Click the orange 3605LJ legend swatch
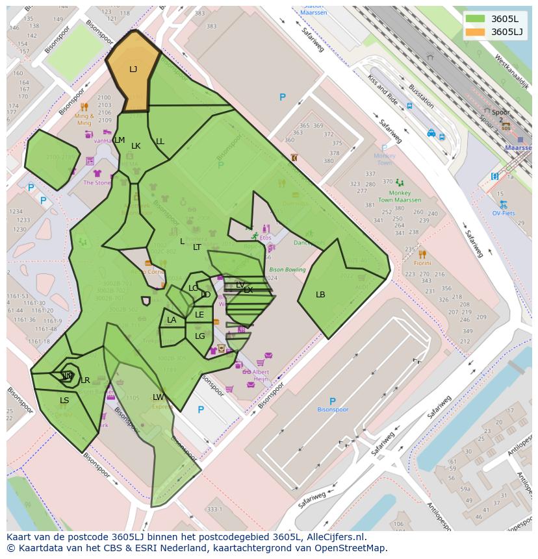click(475, 32)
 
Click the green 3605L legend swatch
click(475, 18)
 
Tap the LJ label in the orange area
click(133, 69)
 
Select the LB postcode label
click(320, 295)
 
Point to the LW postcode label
click(159, 397)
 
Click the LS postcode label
click(64, 401)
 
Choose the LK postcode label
click(136, 146)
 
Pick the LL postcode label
click(160, 142)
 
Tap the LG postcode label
click(199, 336)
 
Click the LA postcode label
click(172, 320)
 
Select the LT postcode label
click(197, 247)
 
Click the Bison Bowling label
click(287, 269)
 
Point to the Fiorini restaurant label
click(422, 263)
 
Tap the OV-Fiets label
click(504, 213)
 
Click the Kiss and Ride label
click(383, 90)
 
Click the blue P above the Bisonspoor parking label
click(332, 401)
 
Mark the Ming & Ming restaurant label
click(84, 119)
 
